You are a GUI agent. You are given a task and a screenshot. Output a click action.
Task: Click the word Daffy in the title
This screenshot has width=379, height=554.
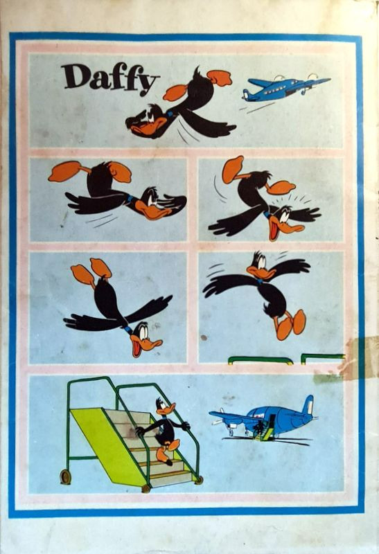click(109, 78)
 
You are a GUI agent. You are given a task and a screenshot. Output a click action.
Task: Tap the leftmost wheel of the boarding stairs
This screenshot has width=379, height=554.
click(65, 477)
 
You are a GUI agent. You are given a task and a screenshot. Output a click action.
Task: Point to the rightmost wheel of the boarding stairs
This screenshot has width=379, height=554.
click(199, 480)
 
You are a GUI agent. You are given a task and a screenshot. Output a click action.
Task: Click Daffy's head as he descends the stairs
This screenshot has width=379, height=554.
click(164, 407)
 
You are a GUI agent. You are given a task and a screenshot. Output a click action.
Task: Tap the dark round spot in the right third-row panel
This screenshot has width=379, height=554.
click(204, 337)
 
